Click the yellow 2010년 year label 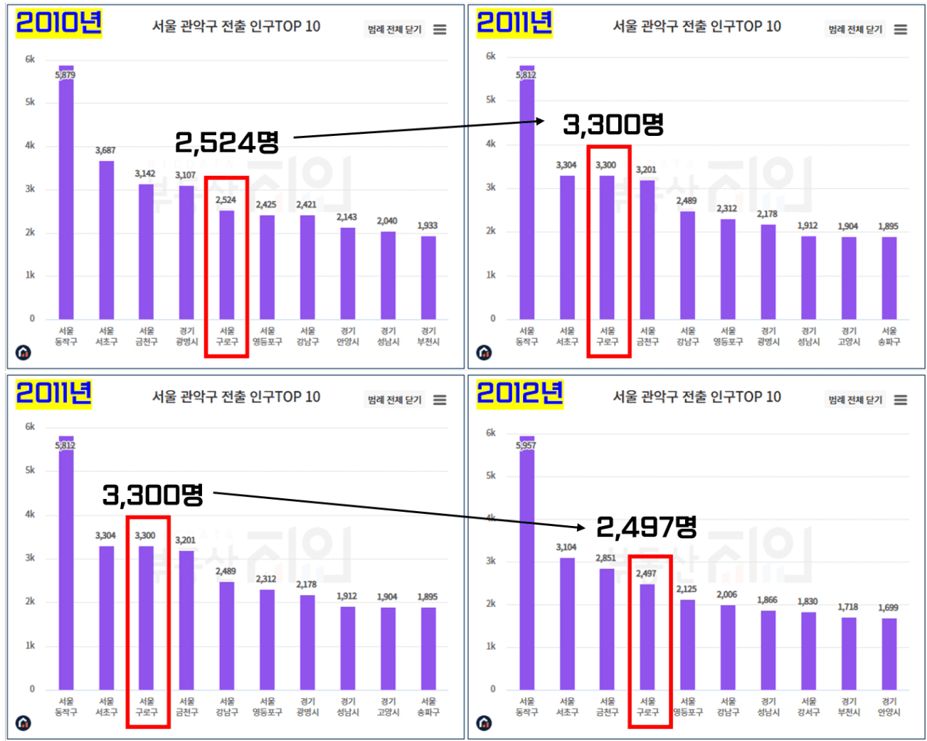click(x=58, y=23)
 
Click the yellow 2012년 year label click(x=519, y=393)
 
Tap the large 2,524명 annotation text click(x=227, y=142)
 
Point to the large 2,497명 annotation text click(x=646, y=527)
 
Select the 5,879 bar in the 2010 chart click(x=66, y=199)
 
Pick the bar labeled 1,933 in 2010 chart click(x=428, y=278)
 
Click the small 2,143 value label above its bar click(x=346, y=217)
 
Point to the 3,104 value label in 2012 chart click(x=566, y=547)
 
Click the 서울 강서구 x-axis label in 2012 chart click(x=808, y=707)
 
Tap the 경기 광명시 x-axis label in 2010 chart click(x=186, y=337)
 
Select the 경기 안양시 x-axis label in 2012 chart click(x=889, y=707)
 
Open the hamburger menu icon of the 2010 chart click(x=440, y=29)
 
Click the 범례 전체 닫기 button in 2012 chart click(x=854, y=400)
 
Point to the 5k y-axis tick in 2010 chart click(x=30, y=102)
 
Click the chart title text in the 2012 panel click(x=696, y=396)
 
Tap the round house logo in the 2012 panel click(x=484, y=723)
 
